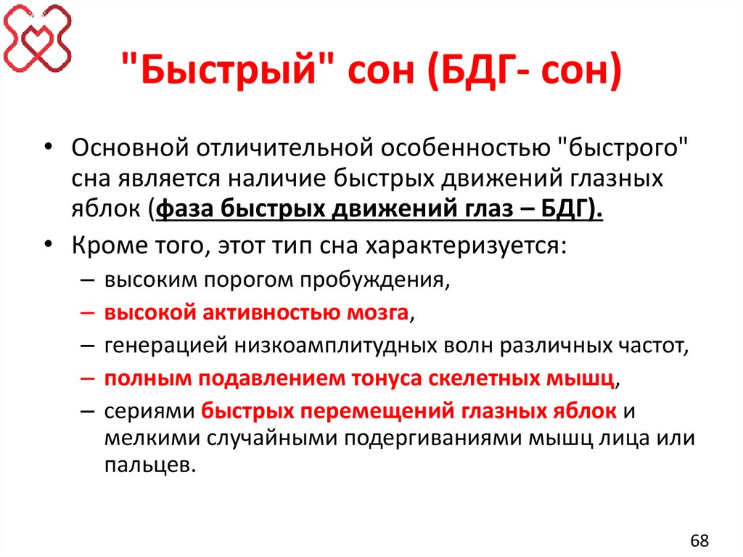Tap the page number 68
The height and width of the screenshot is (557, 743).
[699, 541]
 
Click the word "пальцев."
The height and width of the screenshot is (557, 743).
[149, 465]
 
